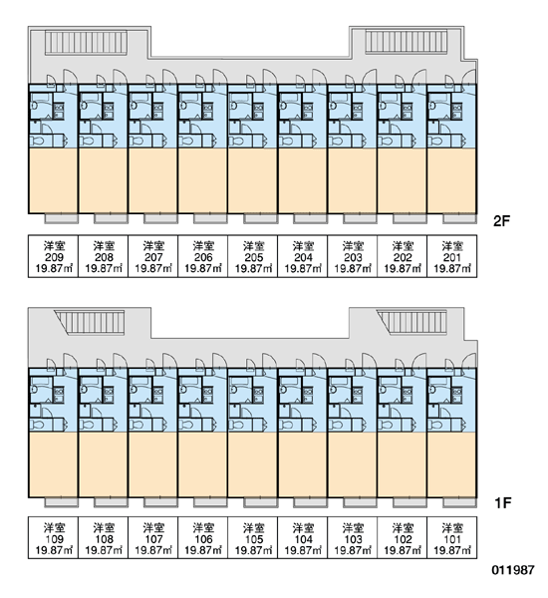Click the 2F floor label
coord(501,221)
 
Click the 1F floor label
coord(502,503)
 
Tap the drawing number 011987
coord(513,570)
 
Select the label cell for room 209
coord(54,256)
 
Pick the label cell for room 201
coord(452,256)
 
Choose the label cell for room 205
coord(253,256)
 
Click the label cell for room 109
coord(54,538)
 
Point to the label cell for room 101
coord(452,538)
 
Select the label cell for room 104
coord(303,538)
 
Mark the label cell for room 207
coord(152,256)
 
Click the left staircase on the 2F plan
coord(86,43)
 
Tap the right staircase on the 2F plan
coord(407,42)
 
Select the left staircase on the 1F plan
coord(90,322)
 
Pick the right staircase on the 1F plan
coord(411,322)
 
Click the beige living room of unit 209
coord(54,180)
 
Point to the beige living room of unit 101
coord(451,464)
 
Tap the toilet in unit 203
coord(337,142)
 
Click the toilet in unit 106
coord(187,426)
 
